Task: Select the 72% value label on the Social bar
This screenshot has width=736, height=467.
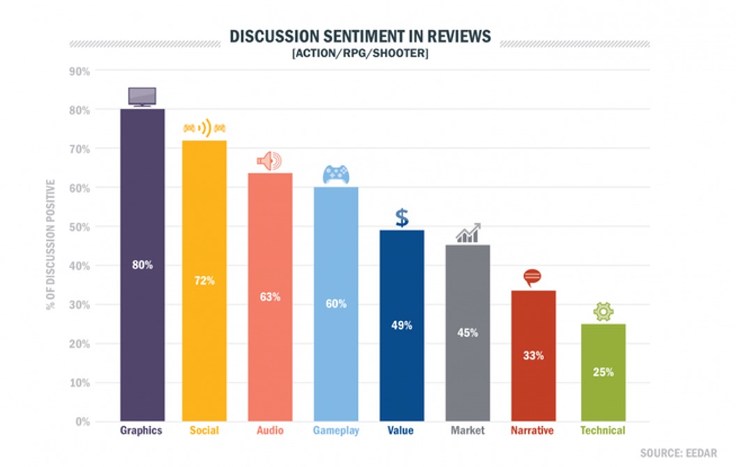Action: click(x=204, y=281)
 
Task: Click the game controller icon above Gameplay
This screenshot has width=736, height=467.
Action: click(x=336, y=175)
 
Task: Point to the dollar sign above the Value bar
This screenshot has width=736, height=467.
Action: click(x=402, y=218)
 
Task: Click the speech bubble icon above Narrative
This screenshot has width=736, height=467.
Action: click(x=532, y=279)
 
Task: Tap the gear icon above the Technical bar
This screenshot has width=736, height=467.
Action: click(x=603, y=311)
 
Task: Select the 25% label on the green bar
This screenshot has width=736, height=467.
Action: click(x=603, y=372)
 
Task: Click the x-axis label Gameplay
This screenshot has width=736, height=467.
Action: click(x=336, y=431)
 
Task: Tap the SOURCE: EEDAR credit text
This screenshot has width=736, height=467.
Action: click(x=678, y=453)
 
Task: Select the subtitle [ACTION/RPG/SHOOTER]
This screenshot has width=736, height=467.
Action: click(x=360, y=54)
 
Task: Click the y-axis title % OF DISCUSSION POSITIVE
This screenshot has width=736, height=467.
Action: click(x=50, y=244)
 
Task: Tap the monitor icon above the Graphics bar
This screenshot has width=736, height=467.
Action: click(x=142, y=96)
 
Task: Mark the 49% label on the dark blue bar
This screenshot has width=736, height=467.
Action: click(x=402, y=325)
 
